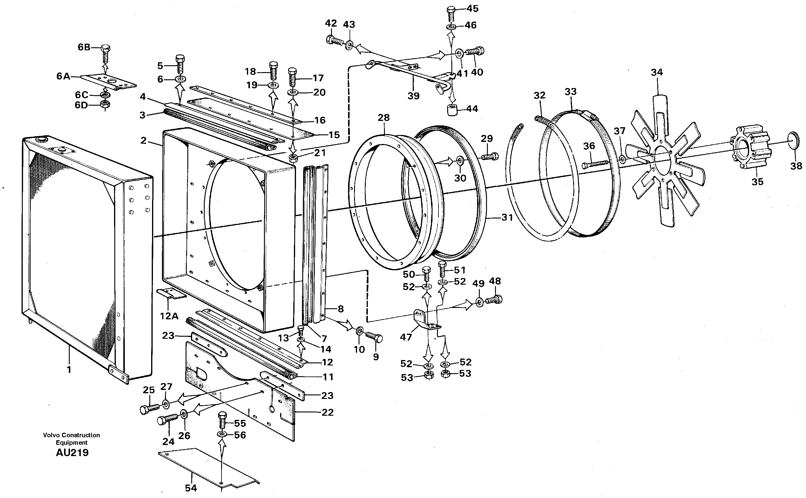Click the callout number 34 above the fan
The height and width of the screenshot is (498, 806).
656,72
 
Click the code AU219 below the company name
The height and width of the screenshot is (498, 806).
72,453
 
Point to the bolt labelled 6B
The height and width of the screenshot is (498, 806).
105,53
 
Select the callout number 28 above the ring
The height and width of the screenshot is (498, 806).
383,118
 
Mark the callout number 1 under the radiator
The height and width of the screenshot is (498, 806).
69,370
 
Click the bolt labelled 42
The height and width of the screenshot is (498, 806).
335,41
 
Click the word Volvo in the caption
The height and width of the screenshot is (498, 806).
51,435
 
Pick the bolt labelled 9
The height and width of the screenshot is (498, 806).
375,337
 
